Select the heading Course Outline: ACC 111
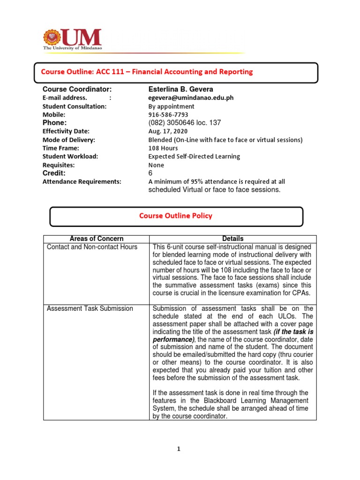[x=147, y=72]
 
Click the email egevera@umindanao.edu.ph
[x=191, y=98]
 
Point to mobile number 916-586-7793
[x=168, y=115]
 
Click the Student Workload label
[x=70, y=157]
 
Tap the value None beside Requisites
[x=156, y=165]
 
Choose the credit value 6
[x=150, y=173]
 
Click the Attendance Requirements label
[x=82, y=181]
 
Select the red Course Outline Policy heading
[x=175, y=216]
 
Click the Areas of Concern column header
[x=96, y=239]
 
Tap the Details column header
[x=233, y=239]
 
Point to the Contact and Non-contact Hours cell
[x=92, y=247]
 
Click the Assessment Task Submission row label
[x=90, y=308]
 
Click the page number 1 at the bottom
[x=179, y=449]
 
